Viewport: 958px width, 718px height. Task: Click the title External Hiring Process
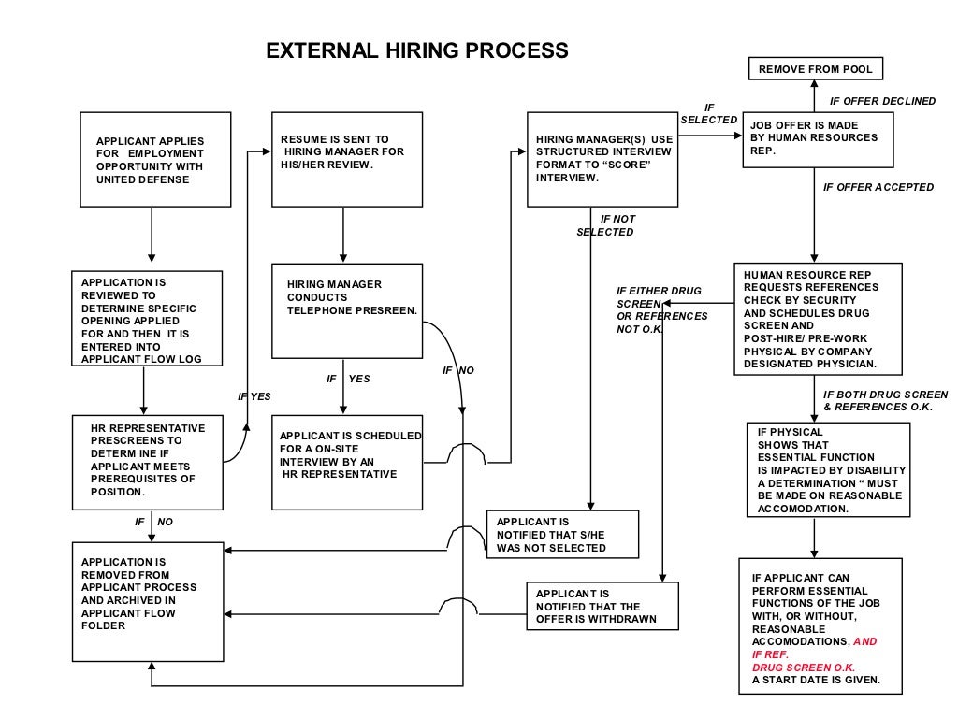(x=417, y=50)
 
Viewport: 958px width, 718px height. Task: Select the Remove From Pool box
(x=813, y=69)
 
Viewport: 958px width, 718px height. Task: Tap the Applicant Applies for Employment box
(x=155, y=160)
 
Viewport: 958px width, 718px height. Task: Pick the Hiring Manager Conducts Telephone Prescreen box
(x=346, y=310)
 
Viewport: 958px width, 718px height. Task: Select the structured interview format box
(x=602, y=159)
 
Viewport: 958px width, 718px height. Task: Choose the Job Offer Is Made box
(x=812, y=140)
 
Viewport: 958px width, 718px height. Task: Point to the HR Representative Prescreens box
(x=148, y=464)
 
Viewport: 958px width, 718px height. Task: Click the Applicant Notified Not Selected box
(x=562, y=535)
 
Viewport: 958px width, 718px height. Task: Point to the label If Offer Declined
(x=882, y=101)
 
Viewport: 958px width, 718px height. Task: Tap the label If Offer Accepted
(x=878, y=187)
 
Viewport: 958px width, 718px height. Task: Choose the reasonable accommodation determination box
(x=828, y=470)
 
